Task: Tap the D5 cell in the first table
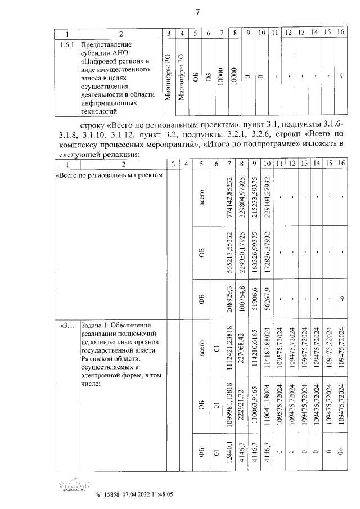[209, 75]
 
